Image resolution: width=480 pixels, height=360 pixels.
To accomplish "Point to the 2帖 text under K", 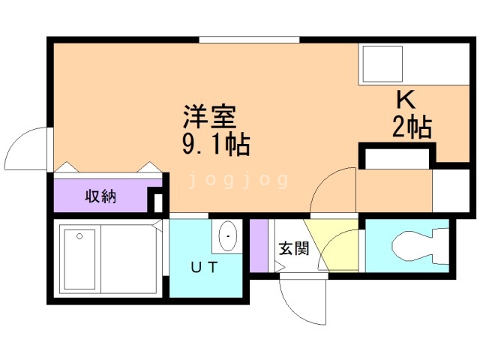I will pos(411,128).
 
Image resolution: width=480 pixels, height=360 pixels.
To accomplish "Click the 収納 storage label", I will pos(100,196).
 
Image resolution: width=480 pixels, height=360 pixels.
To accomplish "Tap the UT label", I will pos(203,266).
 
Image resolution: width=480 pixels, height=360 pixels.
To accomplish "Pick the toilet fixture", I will pos(416,245).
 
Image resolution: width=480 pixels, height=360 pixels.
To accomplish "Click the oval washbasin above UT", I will pos(226,237).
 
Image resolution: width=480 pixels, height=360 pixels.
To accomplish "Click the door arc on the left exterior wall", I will pos(28,148).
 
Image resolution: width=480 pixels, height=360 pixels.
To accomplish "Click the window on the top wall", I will pos(249,38).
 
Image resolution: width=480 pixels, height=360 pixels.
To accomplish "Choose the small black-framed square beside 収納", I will pos(157,202).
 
